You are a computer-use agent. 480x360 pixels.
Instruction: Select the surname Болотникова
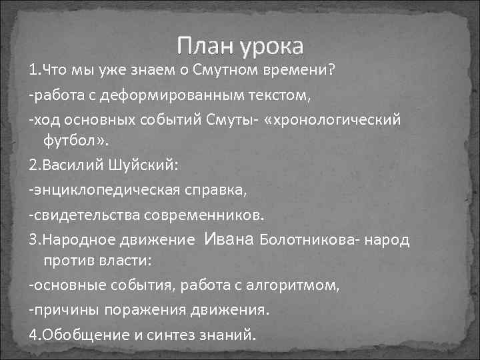pos(305,239)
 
